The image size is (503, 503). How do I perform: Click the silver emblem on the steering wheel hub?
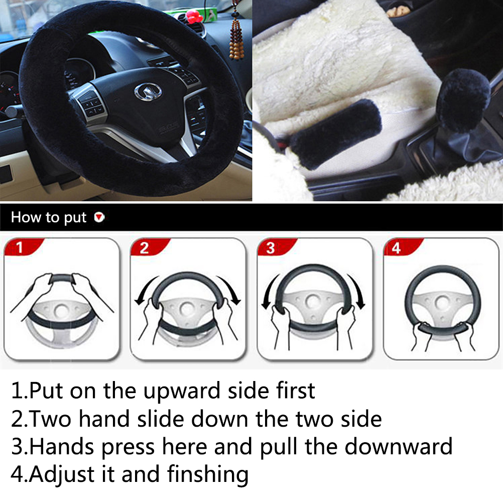coord(148,92)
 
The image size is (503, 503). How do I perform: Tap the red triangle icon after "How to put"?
coord(99,217)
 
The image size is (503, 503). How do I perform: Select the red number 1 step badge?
coord(23,246)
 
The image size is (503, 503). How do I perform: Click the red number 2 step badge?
coord(149,247)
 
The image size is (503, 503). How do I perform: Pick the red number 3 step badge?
coord(276,247)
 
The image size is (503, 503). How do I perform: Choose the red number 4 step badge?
coord(402,247)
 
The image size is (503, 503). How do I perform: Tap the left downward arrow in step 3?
coord(269,292)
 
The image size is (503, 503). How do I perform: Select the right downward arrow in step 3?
coord(357,292)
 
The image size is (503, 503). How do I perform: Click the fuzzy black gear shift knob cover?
coord(463,100)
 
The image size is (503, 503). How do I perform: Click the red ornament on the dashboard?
coord(194,16)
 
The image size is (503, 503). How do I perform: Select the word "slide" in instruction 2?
coord(161,419)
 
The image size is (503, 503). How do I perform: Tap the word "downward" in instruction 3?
coord(398,446)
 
